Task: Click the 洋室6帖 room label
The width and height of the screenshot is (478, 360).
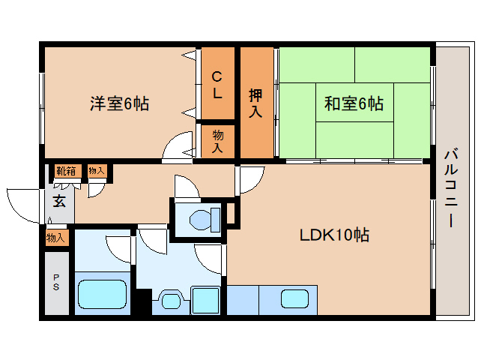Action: tap(119, 103)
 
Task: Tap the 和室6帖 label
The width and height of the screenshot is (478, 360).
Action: tap(354, 103)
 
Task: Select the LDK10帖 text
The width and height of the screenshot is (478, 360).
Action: tap(334, 235)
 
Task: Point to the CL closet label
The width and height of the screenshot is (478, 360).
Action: tap(217, 85)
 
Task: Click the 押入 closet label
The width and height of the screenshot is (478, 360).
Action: tap(255, 103)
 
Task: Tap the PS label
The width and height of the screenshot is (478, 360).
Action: tap(56, 282)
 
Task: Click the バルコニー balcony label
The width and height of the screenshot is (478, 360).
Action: tap(451, 188)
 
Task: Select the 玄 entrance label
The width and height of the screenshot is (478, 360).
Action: tap(59, 201)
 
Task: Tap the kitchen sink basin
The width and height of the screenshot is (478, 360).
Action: tap(294, 298)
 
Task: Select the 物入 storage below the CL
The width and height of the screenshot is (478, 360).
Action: tap(218, 141)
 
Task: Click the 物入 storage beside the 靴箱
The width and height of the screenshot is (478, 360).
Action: tap(97, 171)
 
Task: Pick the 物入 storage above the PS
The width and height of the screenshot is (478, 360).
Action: tap(55, 238)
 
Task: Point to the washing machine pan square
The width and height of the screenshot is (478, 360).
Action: tap(205, 299)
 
